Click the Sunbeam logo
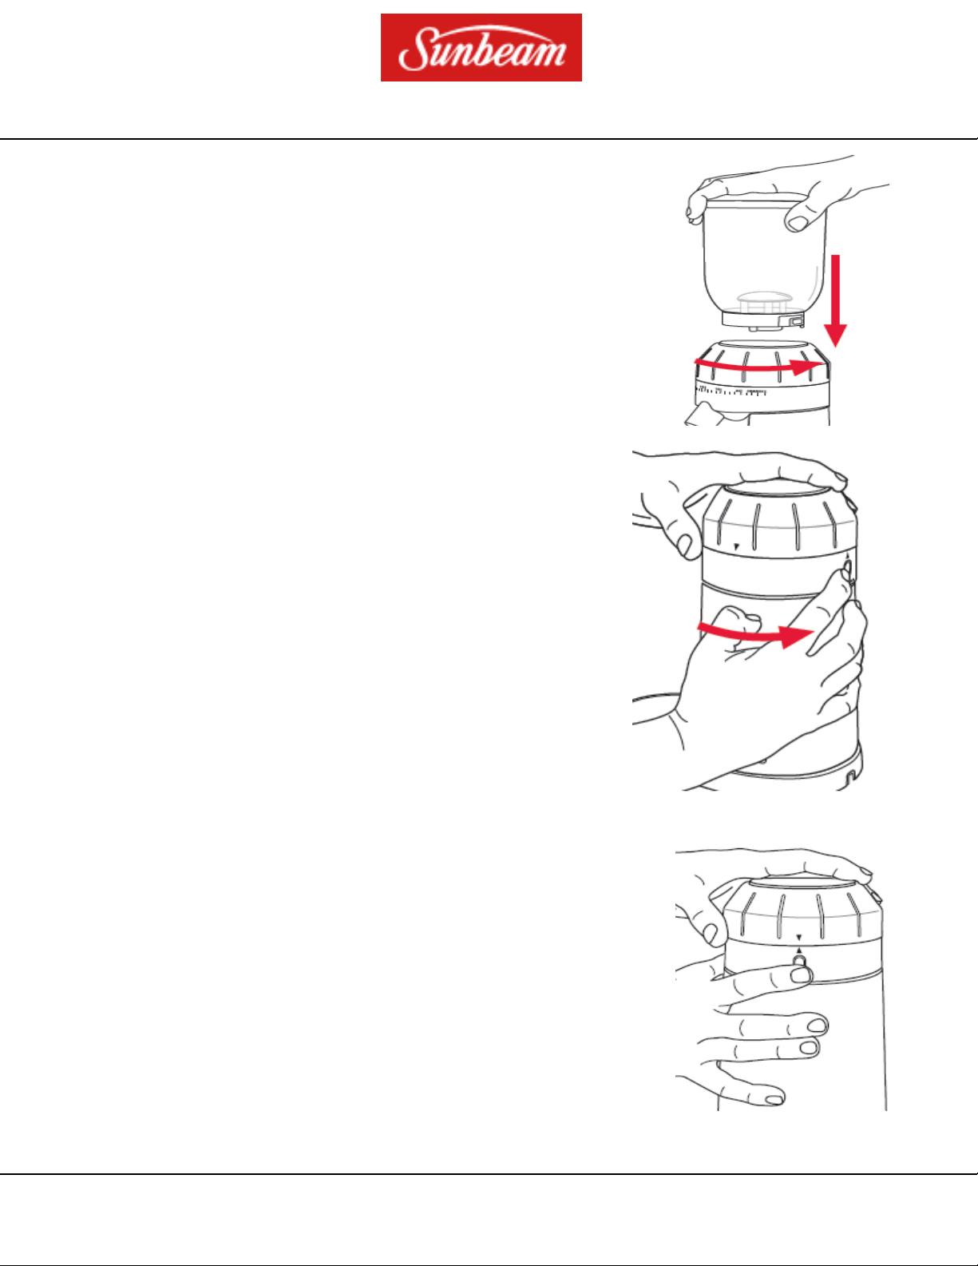tap(481, 47)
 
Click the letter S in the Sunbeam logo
tap(414, 50)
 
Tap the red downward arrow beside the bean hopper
tap(835, 300)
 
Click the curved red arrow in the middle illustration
tap(754, 634)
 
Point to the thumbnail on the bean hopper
tap(797, 223)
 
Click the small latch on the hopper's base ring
tap(797, 319)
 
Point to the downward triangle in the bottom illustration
tap(799, 938)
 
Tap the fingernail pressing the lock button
tap(800, 974)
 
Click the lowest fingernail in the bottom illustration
tap(774, 1099)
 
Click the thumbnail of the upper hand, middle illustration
tap(685, 546)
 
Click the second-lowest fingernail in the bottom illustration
tap(810, 1047)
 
